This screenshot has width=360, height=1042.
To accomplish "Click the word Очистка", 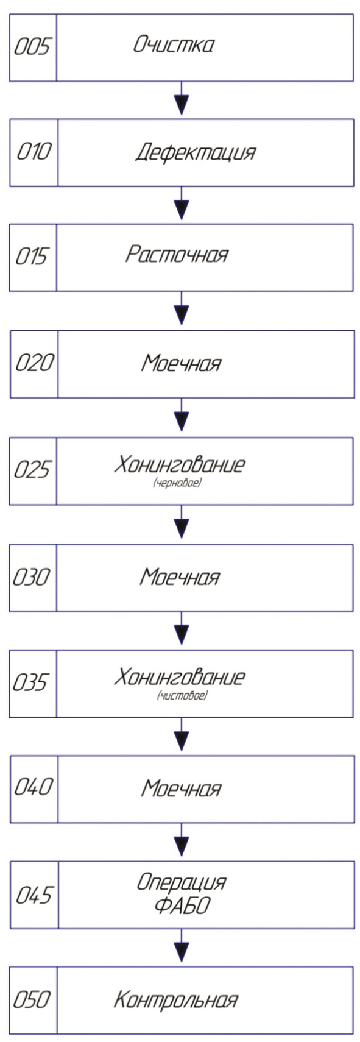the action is (x=174, y=45).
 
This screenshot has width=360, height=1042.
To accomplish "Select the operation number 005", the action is (x=32, y=47).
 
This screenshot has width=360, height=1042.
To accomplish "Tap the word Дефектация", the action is (x=196, y=152).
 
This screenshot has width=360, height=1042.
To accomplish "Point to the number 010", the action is (x=34, y=152).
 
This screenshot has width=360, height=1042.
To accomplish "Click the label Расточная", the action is (x=177, y=255).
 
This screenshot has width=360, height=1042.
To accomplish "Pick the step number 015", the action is (x=32, y=257).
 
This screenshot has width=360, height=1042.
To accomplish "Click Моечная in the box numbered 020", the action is (x=181, y=363).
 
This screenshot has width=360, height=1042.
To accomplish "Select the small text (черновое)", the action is (x=177, y=484).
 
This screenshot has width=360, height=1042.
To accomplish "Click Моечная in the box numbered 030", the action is (x=180, y=577).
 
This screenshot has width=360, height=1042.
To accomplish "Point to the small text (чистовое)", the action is (x=182, y=696).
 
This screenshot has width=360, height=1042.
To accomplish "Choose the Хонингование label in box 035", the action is (x=180, y=677).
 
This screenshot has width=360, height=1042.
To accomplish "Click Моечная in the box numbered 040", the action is (x=181, y=788).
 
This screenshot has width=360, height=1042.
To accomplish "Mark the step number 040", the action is (x=32, y=787).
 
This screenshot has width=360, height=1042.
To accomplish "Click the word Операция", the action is (x=182, y=882).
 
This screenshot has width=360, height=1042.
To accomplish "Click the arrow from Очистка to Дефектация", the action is (x=182, y=99).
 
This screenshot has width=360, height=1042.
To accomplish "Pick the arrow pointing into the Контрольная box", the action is (x=182, y=949).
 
